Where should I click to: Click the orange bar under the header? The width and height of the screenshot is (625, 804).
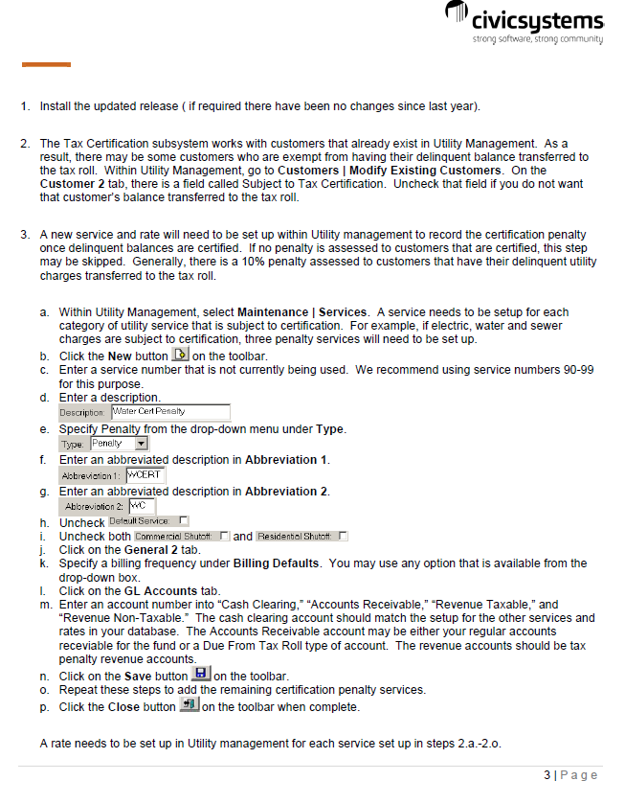click(x=46, y=64)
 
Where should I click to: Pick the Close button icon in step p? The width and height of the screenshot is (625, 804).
click(x=190, y=706)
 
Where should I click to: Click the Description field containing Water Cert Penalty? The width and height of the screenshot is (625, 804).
click(x=170, y=412)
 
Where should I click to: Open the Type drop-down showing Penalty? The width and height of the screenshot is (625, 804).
click(x=141, y=444)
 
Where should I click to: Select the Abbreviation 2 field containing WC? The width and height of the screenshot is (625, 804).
click(x=141, y=506)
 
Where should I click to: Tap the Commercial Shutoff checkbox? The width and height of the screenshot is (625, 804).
click(x=225, y=535)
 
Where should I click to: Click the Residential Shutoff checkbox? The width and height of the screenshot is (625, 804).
click(x=343, y=535)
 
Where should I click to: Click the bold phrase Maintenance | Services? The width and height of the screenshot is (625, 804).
click(x=302, y=312)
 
